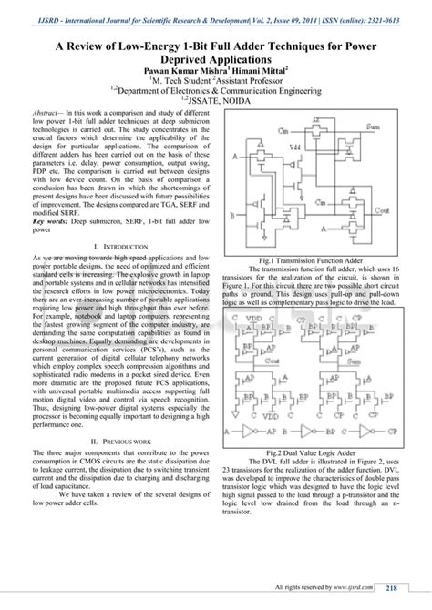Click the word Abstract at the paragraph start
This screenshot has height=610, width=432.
point(47,110)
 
